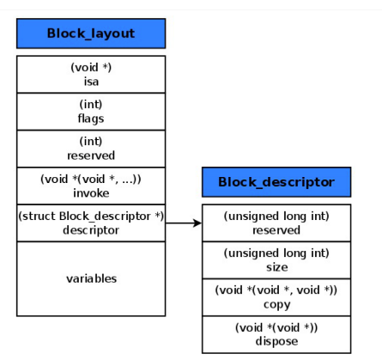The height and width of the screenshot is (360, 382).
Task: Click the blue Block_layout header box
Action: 91,33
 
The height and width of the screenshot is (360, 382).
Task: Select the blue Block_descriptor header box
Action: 276,182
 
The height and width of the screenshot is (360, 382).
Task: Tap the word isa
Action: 91,81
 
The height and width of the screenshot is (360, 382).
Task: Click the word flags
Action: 91,118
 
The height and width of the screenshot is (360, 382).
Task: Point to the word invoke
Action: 91,192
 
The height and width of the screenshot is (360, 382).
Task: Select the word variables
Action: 91,278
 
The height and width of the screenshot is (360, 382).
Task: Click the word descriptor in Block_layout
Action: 91,229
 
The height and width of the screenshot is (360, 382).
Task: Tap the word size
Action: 276,266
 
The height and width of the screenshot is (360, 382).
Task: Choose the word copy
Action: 276,303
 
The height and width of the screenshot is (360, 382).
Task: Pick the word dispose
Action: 276,340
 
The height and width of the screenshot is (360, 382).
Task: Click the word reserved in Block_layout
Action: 91,155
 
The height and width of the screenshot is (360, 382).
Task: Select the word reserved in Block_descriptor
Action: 276,229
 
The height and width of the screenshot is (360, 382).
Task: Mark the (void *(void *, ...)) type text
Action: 91,179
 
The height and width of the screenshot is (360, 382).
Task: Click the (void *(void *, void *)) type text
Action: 276,290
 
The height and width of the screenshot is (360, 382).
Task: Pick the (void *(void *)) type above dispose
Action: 276,327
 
